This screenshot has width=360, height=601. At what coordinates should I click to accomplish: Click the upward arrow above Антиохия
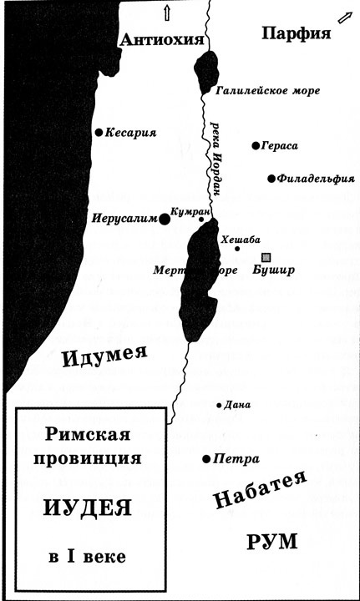pos(166,11)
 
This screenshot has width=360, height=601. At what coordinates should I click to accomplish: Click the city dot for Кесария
pos(99,132)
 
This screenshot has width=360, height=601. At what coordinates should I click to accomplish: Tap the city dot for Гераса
pos(256,146)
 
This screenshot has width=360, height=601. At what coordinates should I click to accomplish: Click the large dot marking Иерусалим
pos(165,219)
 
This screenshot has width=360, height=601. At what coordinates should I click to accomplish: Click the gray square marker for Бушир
pos(266,257)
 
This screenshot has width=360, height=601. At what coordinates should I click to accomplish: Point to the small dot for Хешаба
pos(237,249)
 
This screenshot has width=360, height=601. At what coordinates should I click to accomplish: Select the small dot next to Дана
pos(219,406)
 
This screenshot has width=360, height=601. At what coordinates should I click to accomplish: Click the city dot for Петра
pos(206,459)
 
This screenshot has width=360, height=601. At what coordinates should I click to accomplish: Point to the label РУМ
pos(271,541)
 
